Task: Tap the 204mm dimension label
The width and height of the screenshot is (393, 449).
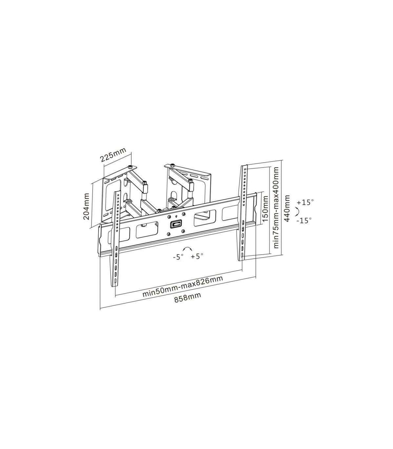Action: pyautogui.click(x=86, y=206)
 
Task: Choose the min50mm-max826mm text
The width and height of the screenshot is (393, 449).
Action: pyautogui.click(x=183, y=286)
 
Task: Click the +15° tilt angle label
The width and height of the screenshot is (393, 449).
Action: pyautogui.click(x=305, y=202)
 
